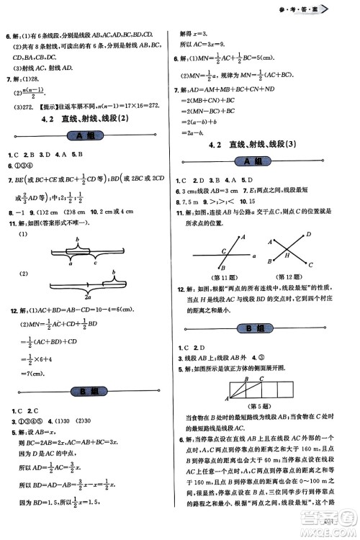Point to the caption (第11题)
tap(225, 277)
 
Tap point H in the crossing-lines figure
tap(287, 255)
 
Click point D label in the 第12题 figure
tap(309, 234)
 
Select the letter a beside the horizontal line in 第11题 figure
tap(255, 255)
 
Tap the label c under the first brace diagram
tap(95, 264)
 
